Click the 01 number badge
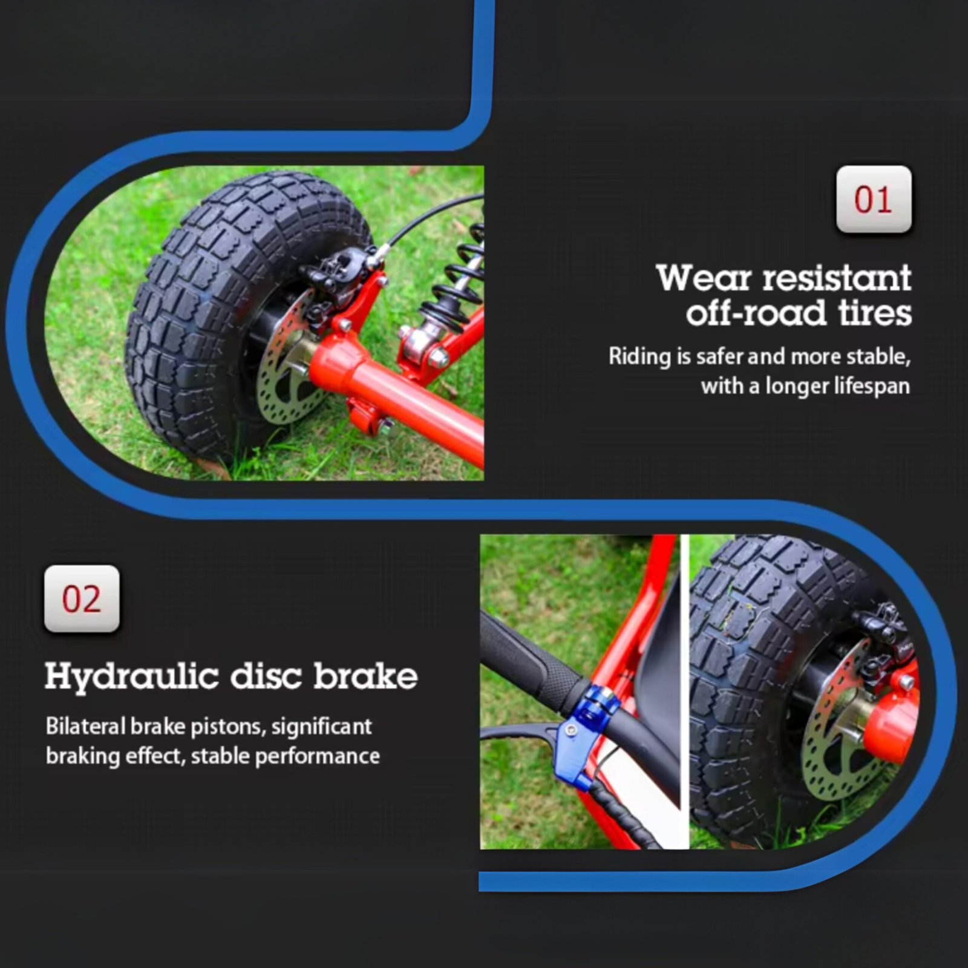(x=874, y=199)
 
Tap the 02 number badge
(x=82, y=599)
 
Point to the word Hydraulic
(x=131, y=677)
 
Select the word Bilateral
(x=85, y=726)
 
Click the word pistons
(x=228, y=727)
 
